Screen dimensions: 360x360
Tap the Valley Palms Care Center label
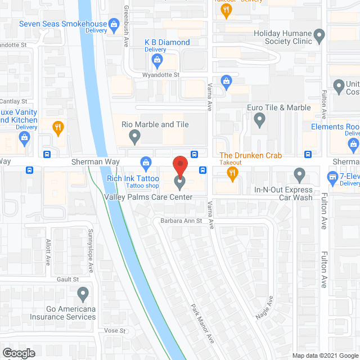point(148,197)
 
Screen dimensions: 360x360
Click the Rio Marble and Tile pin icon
point(134,136)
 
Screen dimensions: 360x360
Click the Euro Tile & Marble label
point(279,107)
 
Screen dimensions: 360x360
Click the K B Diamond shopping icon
point(159,60)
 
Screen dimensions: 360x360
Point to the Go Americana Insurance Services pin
point(83,293)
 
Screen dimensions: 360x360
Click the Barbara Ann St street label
point(181,221)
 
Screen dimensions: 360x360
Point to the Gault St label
point(67,279)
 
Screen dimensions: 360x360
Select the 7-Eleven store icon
point(332,176)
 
